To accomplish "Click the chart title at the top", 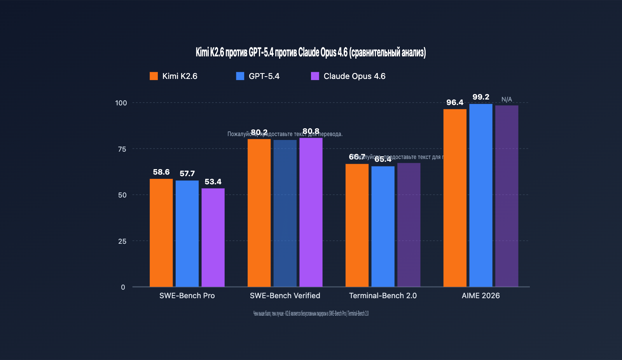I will click(x=311, y=52).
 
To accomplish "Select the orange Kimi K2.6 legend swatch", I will click(x=154, y=76).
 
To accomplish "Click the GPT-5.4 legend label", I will click(x=264, y=76).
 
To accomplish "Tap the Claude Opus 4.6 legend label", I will click(x=354, y=76).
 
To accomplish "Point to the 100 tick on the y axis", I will click(x=121, y=103).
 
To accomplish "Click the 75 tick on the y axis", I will click(x=122, y=149).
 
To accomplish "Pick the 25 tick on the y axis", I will click(x=122, y=241).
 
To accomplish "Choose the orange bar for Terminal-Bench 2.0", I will click(x=357, y=225).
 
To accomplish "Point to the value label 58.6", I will click(x=161, y=172).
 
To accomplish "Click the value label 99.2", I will click(x=481, y=97).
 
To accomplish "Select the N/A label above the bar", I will click(x=507, y=100).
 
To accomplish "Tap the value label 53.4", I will click(x=213, y=182).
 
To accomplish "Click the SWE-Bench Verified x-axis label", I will click(x=285, y=296).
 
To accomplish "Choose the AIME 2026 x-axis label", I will click(x=481, y=296).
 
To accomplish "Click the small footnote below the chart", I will click(x=311, y=314).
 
